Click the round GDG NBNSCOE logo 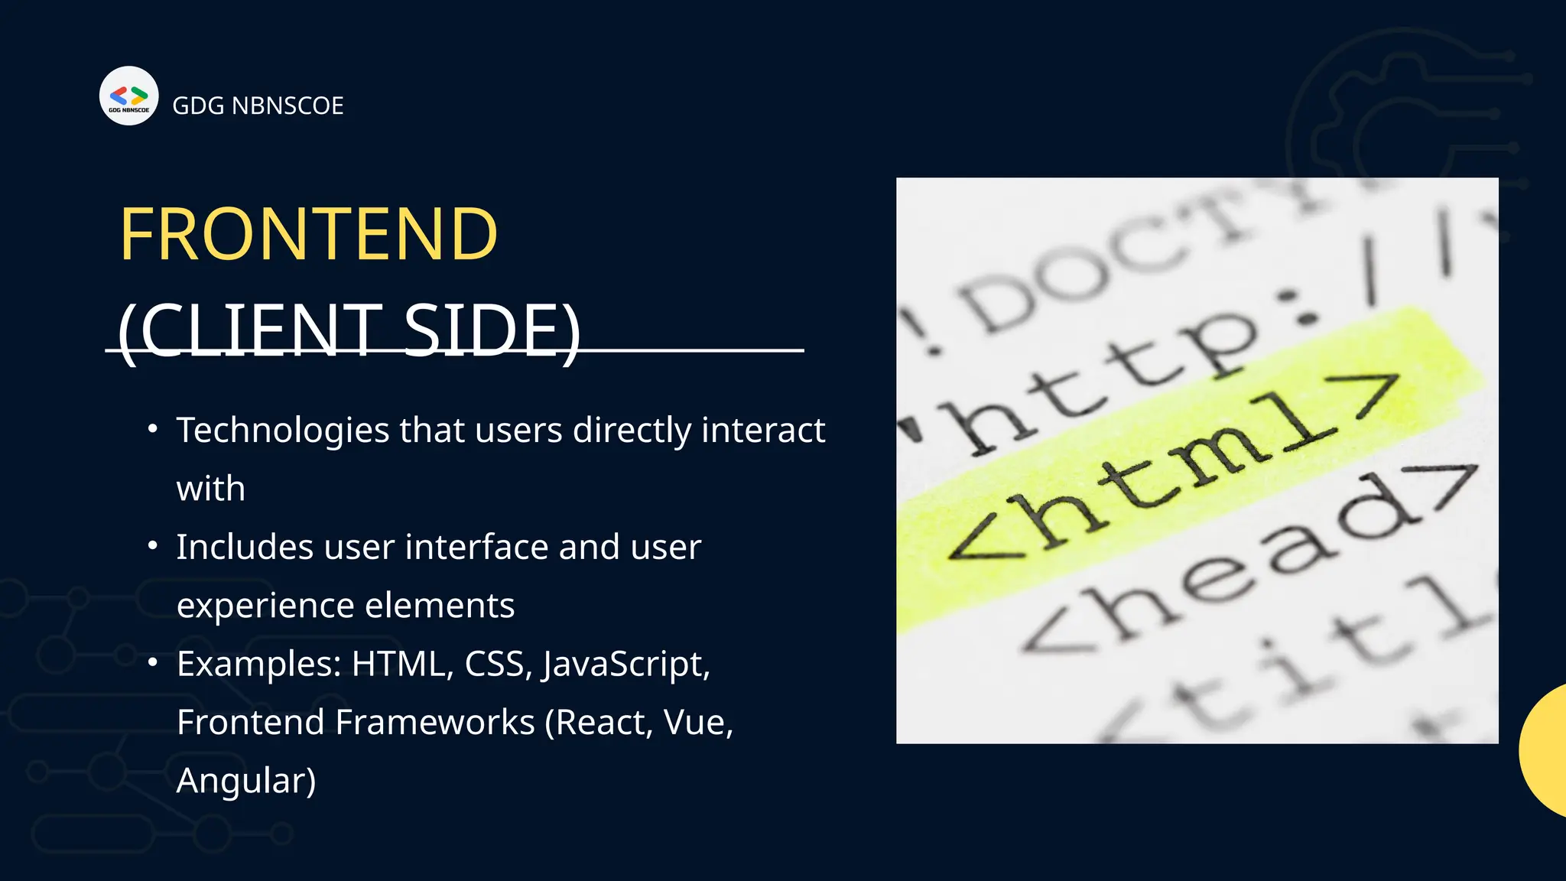(x=128, y=96)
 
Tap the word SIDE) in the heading (x=492, y=330)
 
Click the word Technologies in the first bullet (x=283, y=431)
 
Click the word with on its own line (x=211, y=489)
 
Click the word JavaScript (x=626, y=665)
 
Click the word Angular (x=245, y=782)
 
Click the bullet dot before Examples (x=153, y=662)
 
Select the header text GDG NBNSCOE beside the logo (x=258, y=106)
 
